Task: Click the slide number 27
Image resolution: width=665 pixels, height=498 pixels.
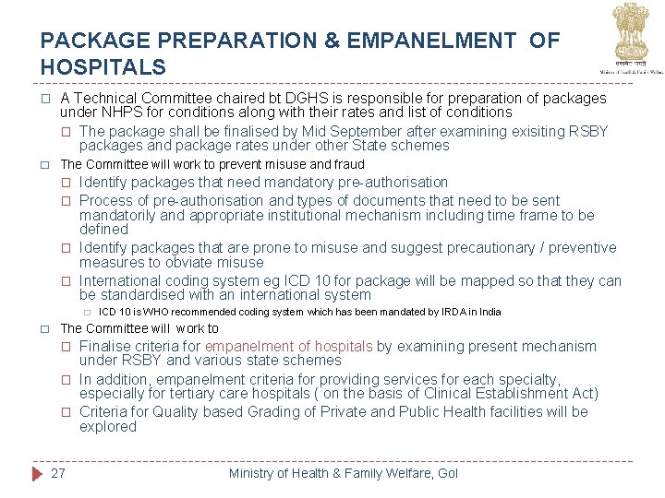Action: [58, 473]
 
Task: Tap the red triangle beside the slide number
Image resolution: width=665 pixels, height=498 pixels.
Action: [36, 473]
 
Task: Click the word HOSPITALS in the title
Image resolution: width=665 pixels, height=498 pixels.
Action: [103, 67]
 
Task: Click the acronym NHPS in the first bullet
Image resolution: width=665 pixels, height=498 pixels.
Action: [124, 113]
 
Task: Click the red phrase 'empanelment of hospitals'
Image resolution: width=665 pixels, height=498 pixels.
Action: [289, 346]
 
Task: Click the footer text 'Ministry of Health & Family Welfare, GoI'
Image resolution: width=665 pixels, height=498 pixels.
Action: [344, 473]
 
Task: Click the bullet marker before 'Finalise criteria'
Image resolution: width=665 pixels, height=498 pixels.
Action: [66, 347]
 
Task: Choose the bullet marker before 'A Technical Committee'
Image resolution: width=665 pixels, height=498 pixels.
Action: [45, 99]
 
